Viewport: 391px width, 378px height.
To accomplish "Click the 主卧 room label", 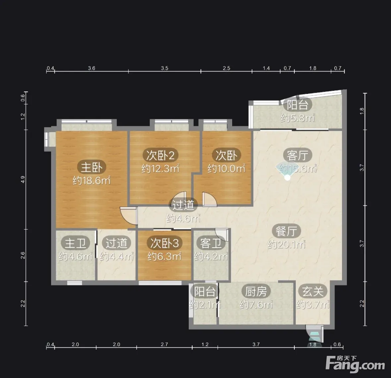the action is [92, 167].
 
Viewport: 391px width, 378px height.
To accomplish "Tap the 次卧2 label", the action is [160, 155].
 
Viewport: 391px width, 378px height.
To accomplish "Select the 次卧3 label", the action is [164, 243].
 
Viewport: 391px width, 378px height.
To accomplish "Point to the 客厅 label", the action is [297, 155].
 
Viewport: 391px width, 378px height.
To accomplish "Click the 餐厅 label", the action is [286, 231].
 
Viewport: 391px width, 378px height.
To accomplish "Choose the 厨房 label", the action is [256, 291].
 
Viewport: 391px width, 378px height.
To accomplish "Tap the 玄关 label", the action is [313, 291].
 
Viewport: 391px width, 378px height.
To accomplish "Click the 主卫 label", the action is [75, 243].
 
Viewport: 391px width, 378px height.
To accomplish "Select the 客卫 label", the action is [211, 243].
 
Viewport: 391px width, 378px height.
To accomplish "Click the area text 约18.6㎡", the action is [92, 180].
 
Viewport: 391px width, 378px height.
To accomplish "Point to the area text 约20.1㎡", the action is [286, 245].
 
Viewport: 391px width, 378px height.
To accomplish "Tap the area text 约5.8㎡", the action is [297, 118].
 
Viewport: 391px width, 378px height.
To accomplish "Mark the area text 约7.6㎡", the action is [256, 305].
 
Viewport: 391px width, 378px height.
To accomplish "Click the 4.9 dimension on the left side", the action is [23, 179].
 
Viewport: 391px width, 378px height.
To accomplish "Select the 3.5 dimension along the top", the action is [164, 68].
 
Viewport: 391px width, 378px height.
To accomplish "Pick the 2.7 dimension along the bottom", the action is [164, 345].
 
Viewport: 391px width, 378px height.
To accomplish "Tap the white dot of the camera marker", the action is [288, 177].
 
